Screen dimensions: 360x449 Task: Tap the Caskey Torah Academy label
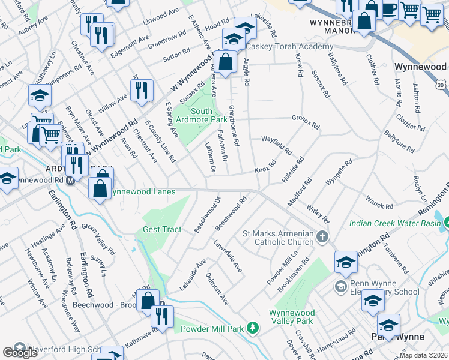(288, 47)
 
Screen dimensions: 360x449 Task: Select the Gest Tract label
(162, 230)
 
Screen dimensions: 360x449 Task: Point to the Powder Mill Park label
(213, 328)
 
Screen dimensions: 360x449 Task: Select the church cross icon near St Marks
(323, 236)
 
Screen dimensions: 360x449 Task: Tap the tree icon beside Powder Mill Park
(253, 328)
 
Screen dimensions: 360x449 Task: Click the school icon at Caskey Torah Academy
(234, 40)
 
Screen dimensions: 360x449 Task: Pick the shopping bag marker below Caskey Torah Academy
(225, 62)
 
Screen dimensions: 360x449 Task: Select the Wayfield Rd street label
(276, 144)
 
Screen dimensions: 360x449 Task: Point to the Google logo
(20, 353)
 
